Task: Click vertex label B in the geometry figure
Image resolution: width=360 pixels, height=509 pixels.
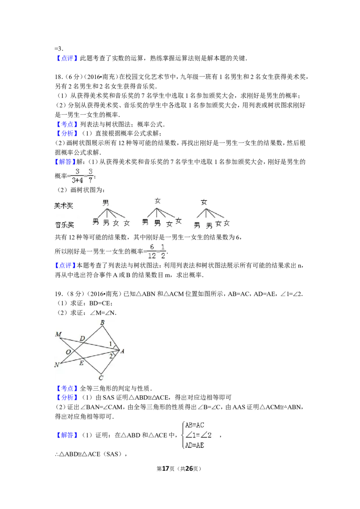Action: point(103,322)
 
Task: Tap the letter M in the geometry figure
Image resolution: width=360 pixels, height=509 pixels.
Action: point(58,334)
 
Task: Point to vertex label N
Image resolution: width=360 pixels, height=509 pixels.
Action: point(57,365)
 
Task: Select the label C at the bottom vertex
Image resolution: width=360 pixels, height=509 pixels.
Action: point(101,378)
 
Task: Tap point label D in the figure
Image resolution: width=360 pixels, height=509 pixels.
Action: point(82,338)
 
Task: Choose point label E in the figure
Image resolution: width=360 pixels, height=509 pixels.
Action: point(81,363)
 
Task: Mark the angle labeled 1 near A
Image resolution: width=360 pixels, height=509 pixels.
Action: point(111,344)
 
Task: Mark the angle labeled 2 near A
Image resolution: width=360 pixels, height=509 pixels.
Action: point(111,356)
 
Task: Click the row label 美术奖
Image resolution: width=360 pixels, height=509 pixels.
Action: point(64,205)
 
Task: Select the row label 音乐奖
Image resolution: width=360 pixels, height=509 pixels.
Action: point(64,225)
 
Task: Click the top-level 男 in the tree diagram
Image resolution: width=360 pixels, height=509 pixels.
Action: point(106,203)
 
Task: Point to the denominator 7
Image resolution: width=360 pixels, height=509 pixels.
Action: point(90,180)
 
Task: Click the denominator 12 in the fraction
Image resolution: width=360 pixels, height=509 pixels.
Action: point(152,255)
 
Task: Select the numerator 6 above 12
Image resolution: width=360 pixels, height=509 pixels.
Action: point(152,247)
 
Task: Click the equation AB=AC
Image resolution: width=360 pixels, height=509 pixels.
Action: point(195,425)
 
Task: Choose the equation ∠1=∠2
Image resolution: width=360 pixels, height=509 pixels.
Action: point(198,435)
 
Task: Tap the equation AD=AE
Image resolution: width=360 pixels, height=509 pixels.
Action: point(195,446)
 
